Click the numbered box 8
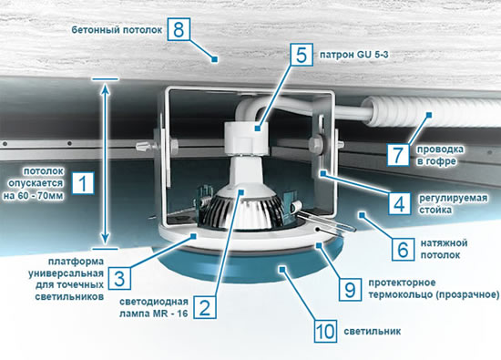179,29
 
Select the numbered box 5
302,55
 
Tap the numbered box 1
83,183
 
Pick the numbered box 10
325,331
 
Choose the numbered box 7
398,154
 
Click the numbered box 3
119,278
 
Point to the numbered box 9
350,290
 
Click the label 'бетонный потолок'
117,30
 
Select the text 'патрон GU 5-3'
354,55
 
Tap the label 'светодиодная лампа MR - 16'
154,307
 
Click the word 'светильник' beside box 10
373,331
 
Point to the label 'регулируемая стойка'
453,203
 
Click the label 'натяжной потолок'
444,249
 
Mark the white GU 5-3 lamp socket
245,136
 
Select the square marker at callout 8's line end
215,59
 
